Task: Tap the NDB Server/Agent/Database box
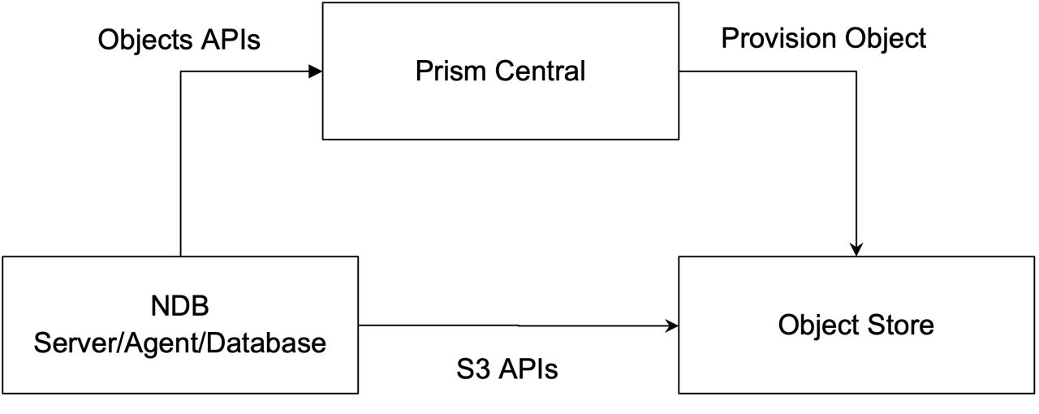click(180, 369)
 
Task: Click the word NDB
click(179, 307)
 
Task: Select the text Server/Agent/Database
click(179, 343)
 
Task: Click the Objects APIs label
click(179, 40)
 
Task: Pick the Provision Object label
click(823, 38)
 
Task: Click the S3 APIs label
click(507, 370)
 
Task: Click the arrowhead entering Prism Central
click(317, 71)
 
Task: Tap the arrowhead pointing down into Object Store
click(856, 249)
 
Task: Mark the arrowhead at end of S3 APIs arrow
click(672, 326)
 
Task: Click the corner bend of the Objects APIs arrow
click(180, 71)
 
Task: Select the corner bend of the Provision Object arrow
click(856, 71)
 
